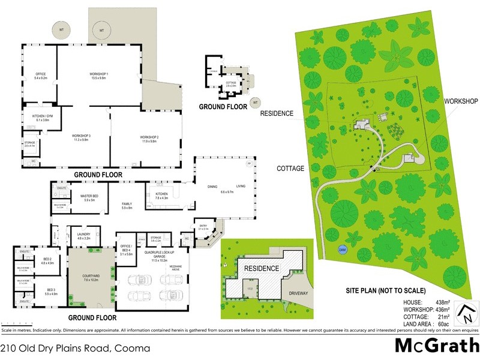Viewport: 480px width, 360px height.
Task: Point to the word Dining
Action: coord(212,187)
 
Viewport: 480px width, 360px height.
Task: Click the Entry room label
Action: coord(203,227)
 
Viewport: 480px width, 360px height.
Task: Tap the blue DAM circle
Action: coord(343,249)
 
